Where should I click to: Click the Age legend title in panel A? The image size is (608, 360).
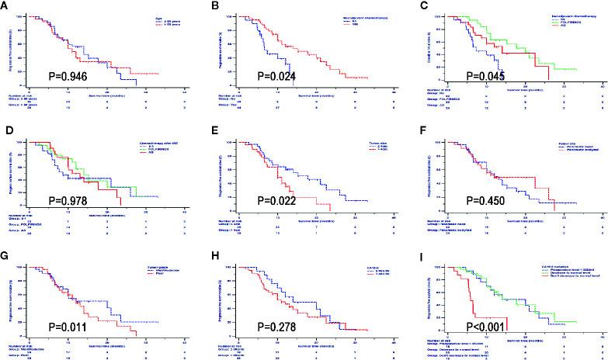[x=151, y=15]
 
